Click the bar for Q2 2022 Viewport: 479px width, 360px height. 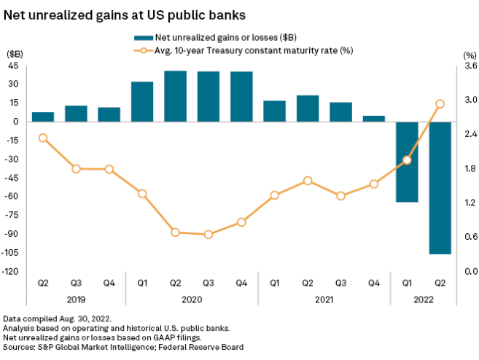pos(440,187)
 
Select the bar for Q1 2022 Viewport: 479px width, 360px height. pos(407,161)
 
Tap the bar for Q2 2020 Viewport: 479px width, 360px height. pos(175,95)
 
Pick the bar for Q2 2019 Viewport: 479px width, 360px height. pos(43,117)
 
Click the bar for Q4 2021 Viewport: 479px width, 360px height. pos(374,119)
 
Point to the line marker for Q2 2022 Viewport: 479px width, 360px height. pos(440,104)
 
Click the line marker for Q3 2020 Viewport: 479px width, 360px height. pos(209,235)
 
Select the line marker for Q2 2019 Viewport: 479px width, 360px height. pos(43,138)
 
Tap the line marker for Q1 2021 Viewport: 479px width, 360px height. pos(275,195)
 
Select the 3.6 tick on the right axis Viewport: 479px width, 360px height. pos(470,67)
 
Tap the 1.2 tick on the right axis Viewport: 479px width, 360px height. pos(470,203)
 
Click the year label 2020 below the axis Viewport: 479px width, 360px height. pos(192,299)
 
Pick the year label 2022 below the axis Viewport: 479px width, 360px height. pos(424,299)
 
